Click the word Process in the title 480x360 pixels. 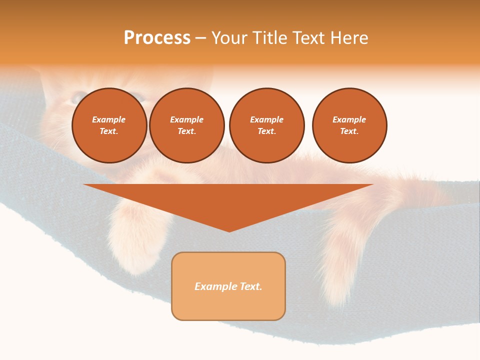(157, 38)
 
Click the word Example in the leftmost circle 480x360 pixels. (108, 119)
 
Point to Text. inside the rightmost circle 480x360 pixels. (349, 131)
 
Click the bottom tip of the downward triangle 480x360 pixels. (229, 231)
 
